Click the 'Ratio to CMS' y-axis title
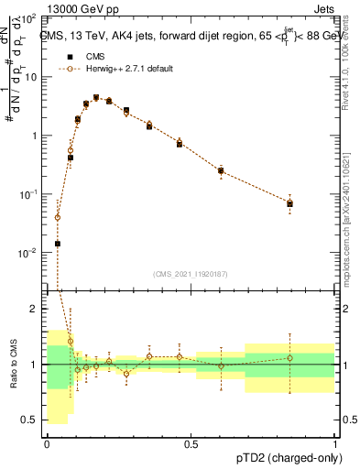(x=15, y=365)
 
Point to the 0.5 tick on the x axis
(x=191, y=443)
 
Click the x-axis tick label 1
(x=335, y=443)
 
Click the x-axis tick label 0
(x=48, y=443)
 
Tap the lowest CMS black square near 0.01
(x=58, y=244)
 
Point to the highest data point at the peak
(x=95, y=97)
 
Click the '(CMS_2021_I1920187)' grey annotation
(x=189, y=273)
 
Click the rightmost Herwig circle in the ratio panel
(x=289, y=357)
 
